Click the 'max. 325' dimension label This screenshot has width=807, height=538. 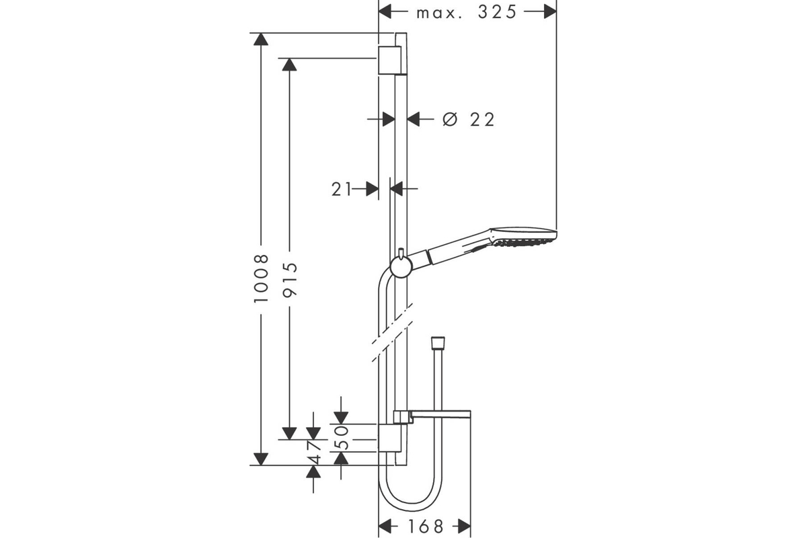tap(467, 13)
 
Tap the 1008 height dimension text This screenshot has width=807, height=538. tap(261, 278)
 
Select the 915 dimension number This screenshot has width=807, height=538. tap(290, 280)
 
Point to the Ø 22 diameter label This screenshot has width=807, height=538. tap(468, 120)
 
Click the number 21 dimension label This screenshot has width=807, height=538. tap(341, 189)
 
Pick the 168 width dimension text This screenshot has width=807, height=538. tap(426, 527)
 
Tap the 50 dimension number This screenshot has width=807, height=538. tap(340, 438)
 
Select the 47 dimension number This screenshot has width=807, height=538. tap(314, 453)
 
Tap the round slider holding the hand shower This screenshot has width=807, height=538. tap(401, 268)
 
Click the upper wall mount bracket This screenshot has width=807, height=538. tap(390, 60)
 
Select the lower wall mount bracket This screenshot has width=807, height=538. tap(389, 438)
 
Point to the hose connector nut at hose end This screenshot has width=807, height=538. tap(438, 342)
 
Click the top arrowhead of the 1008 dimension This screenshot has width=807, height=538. tap(261, 39)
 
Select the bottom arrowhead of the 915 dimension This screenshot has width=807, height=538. tap(289, 434)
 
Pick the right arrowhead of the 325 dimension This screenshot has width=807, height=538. tap(550, 11)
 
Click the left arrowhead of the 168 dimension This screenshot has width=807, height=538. tap(385, 527)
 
